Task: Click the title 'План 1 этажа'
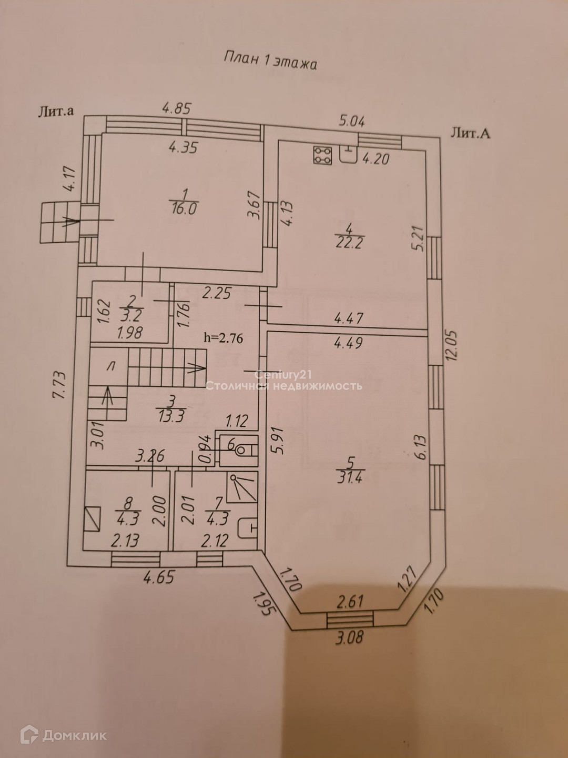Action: pyautogui.click(x=270, y=60)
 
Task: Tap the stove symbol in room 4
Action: pyautogui.click(x=322, y=155)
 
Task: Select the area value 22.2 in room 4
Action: pyautogui.click(x=349, y=243)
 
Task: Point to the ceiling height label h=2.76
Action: pyautogui.click(x=224, y=338)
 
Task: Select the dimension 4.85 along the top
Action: pyautogui.click(x=176, y=108)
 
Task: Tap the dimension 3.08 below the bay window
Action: pyautogui.click(x=350, y=637)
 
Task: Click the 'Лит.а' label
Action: pyautogui.click(x=55, y=112)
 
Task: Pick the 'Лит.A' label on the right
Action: pyautogui.click(x=470, y=133)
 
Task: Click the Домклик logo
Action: pyautogui.click(x=64, y=735)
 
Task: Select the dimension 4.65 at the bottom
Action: pyautogui.click(x=158, y=577)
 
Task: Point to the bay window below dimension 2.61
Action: pyautogui.click(x=350, y=620)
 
